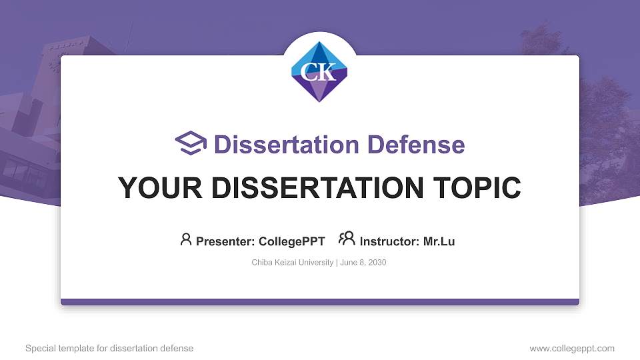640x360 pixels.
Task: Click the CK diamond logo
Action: tap(320, 71)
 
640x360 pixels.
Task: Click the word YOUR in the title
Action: tap(151, 188)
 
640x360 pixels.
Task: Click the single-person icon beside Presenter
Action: tap(186, 239)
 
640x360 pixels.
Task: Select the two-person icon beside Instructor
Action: tap(347, 239)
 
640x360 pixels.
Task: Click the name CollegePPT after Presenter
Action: tap(292, 241)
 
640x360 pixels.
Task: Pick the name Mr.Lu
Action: tap(439, 241)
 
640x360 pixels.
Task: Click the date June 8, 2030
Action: tap(363, 263)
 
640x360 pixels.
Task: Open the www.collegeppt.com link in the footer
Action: tap(572, 348)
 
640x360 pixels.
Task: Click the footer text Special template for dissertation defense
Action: tap(109, 348)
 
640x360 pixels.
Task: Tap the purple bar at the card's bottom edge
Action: tap(320, 302)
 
